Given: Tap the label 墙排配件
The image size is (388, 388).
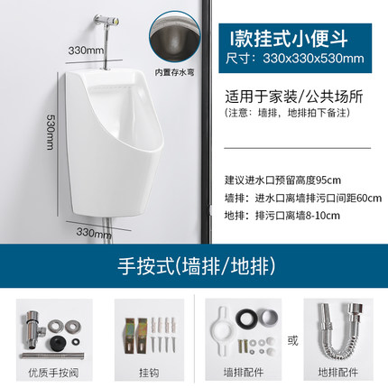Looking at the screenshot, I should [x=239, y=370].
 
